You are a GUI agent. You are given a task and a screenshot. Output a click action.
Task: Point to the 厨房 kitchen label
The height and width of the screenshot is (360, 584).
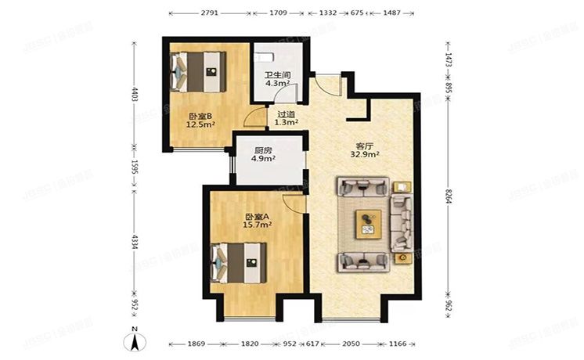[263, 150]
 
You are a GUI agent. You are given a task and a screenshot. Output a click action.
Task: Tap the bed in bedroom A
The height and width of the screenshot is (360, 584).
[239, 261]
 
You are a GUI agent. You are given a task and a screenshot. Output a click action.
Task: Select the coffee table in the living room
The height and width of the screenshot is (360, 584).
[366, 224]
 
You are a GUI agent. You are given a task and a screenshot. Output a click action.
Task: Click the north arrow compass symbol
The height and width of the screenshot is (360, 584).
[135, 340]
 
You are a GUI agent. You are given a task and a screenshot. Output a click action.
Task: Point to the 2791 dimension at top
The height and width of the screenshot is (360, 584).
[209, 13]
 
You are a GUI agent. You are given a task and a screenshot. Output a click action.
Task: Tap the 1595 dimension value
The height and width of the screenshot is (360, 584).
[135, 166]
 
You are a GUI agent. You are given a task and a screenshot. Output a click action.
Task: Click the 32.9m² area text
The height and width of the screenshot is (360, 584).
[366, 155]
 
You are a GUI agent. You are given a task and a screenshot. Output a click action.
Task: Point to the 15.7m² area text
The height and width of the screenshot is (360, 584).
[258, 225]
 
